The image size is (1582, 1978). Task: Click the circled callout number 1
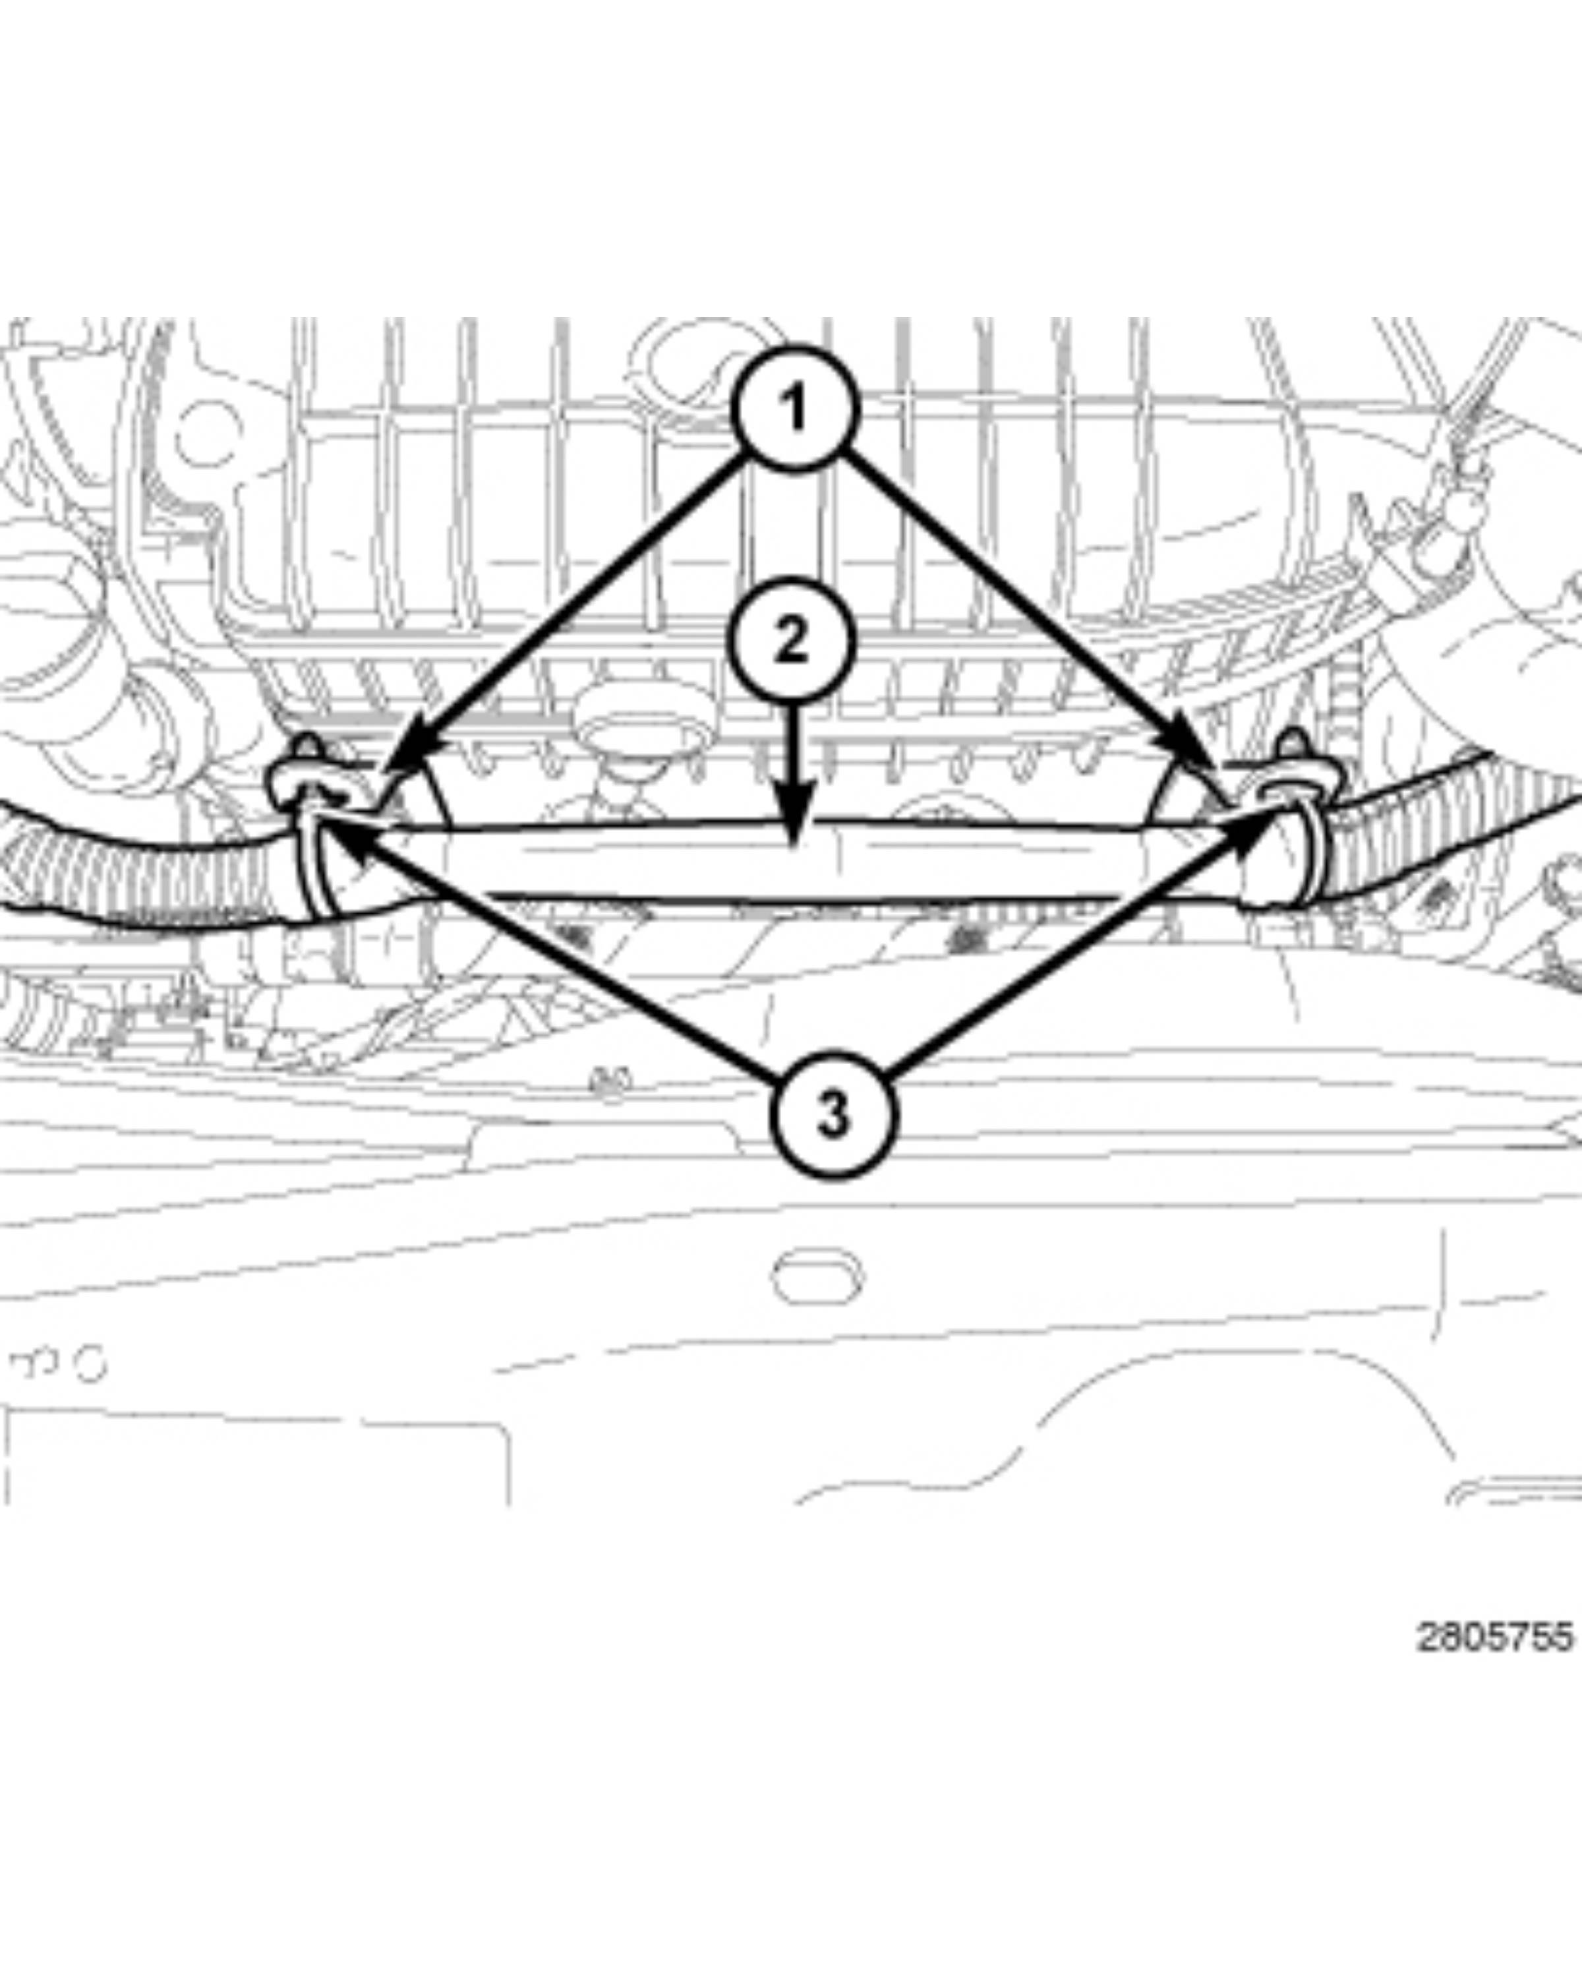pyautogui.click(x=794, y=408)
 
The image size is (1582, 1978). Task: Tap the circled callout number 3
pyautogui.click(x=833, y=1116)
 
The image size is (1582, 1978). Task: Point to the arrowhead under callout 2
pyautogui.click(x=794, y=816)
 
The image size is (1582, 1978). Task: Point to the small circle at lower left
pyautogui.click(x=91, y=1364)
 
